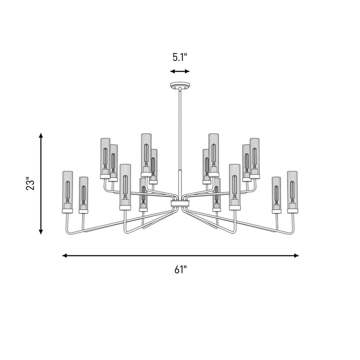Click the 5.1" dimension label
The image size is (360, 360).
[180, 57]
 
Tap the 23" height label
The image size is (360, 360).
[30, 183]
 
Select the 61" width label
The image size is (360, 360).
[180, 269]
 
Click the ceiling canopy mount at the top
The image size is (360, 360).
[180, 85]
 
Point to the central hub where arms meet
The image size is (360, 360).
[180, 203]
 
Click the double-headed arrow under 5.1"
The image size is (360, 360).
[180, 71]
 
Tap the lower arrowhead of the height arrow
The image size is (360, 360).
[41, 231]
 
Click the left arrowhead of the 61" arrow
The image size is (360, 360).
[64, 255]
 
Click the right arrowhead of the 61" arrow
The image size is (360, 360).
[296, 255]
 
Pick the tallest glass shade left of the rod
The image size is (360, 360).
[146, 155]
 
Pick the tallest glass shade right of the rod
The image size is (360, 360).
[214, 155]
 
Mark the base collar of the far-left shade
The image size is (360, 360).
[67, 211]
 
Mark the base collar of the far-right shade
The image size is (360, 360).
[292, 211]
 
